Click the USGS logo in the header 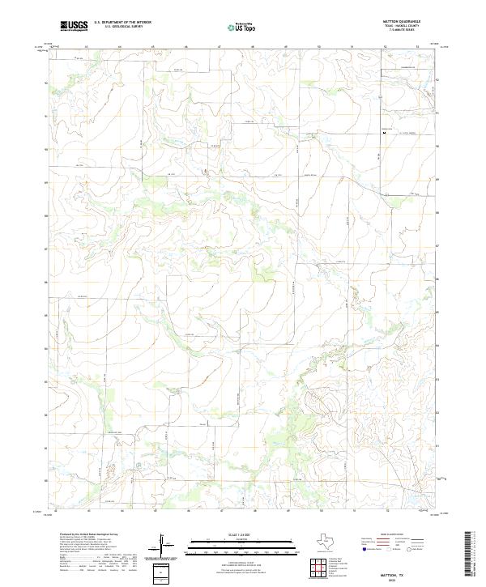pos(74,26)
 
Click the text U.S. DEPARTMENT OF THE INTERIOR pos(122,23)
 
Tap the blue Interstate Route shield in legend pos(366,549)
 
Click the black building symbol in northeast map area pos(384,133)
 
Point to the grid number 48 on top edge pos(253,47)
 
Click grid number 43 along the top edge pos(86,47)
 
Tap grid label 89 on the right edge pos(438,179)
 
